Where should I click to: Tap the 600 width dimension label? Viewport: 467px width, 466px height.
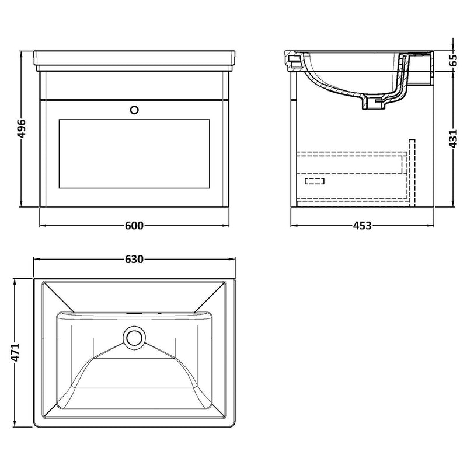coord(134,226)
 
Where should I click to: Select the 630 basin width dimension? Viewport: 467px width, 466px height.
coord(134,259)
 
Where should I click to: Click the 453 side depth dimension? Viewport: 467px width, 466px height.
coord(362,226)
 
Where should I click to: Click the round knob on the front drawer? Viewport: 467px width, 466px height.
coord(134,108)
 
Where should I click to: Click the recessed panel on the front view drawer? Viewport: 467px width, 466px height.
coord(134,154)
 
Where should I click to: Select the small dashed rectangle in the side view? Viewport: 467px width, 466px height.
coord(314,181)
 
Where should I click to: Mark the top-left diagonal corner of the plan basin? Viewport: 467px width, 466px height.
coord(59,296)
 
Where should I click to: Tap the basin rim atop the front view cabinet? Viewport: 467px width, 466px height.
coord(134,58)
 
